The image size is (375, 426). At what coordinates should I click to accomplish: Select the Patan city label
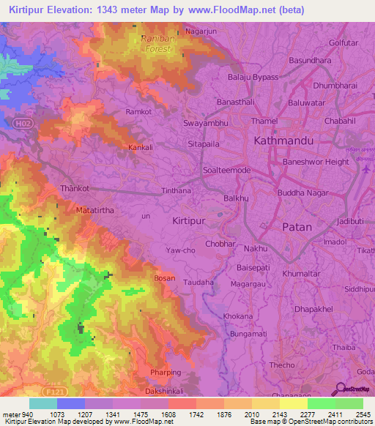tap(297, 227)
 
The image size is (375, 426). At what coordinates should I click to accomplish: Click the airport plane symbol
tap(365, 168)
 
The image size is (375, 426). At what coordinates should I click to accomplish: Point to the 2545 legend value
tap(362, 414)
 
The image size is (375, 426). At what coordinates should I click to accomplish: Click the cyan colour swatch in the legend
tap(42, 403)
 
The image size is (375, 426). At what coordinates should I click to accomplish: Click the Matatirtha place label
tap(94, 209)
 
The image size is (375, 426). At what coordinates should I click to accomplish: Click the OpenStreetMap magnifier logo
tap(339, 389)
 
